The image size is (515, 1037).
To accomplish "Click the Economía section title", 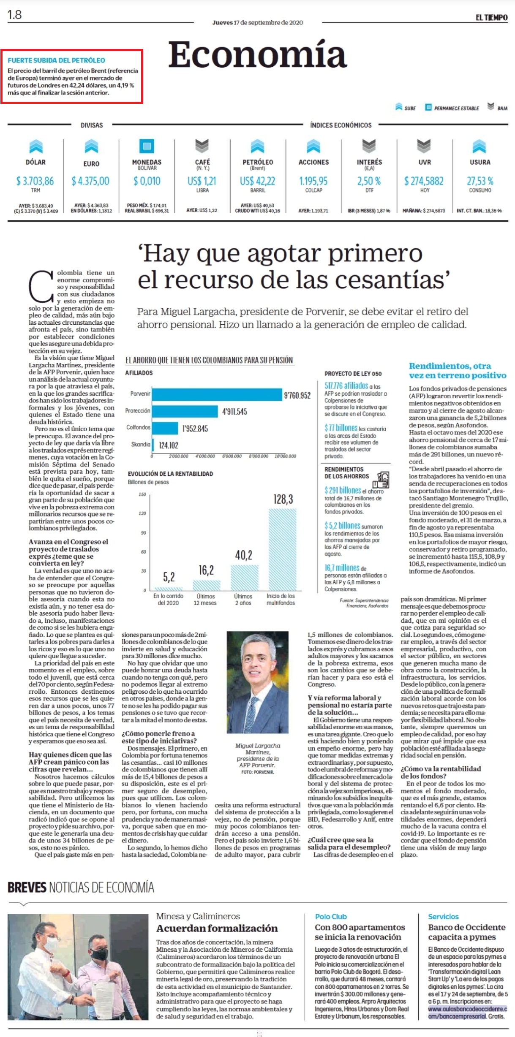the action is (x=257, y=54).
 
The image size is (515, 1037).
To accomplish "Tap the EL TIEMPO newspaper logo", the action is (x=491, y=18).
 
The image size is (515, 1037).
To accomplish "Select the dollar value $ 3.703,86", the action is (x=35, y=181).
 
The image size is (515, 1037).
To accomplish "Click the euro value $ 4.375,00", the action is (x=90, y=181).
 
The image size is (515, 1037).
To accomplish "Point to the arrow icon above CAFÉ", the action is (x=202, y=146).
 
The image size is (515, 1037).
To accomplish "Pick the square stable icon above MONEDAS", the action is (x=147, y=146).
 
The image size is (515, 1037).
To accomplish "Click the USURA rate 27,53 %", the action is (x=480, y=181).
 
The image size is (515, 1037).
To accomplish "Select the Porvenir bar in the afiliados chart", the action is (x=217, y=394).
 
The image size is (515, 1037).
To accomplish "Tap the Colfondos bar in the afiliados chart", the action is (x=165, y=428).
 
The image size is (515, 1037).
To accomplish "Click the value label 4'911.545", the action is (x=234, y=412).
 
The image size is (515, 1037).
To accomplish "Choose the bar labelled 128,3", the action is (x=283, y=549).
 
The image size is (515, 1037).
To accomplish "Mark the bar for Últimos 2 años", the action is (x=244, y=577).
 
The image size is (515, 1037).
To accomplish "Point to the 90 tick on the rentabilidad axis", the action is (x=144, y=533).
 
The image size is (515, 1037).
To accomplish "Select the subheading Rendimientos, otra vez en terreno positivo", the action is (x=458, y=370).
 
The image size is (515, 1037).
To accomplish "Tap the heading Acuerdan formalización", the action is (x=217, y=928).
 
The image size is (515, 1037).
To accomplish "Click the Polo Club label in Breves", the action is (x=331, y=916).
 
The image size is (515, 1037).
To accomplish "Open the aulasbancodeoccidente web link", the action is (x=467, y=1013).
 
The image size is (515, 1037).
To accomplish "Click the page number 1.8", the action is (x=14, y=15).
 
